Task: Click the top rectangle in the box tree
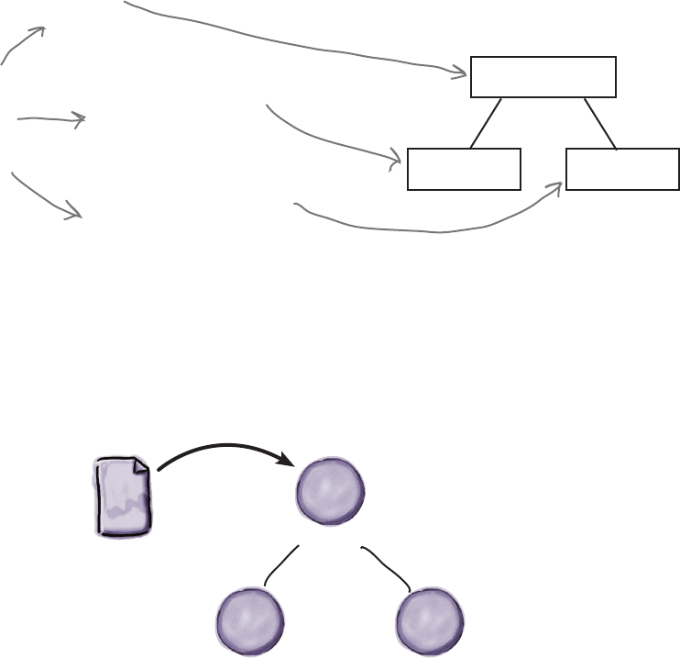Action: (x=543, y=76)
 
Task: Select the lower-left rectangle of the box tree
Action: (x=463, y=168)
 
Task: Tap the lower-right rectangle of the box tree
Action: (x=622, y=168)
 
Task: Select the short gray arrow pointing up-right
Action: (x=24, y=44)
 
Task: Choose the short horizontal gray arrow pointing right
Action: (x=51, y=118)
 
